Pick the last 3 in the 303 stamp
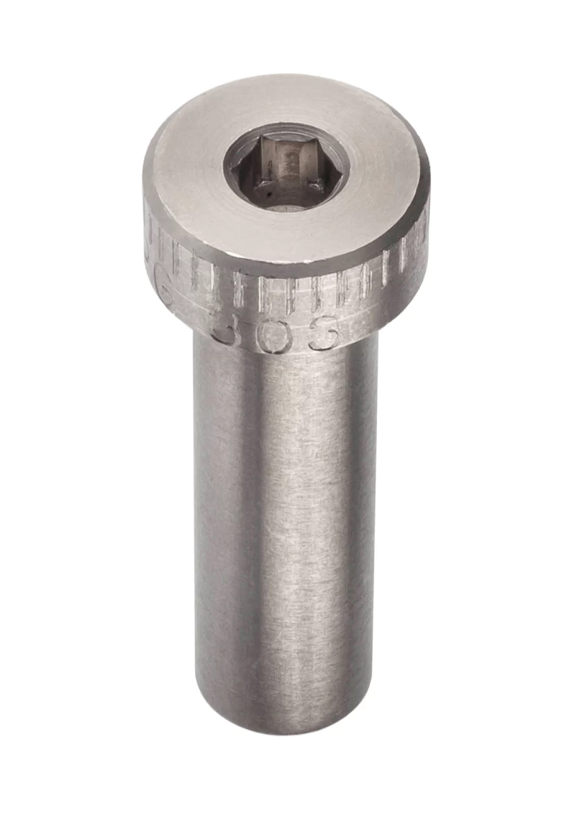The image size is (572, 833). (326, 333)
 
